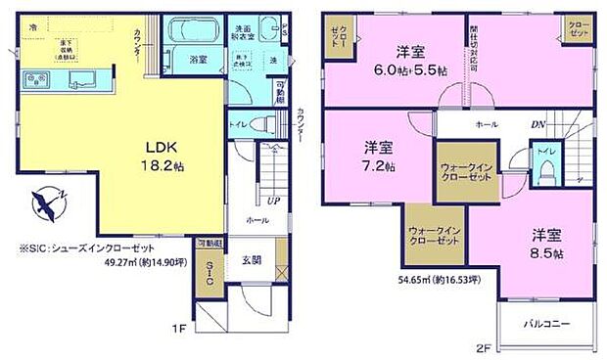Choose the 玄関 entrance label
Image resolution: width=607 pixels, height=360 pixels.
click(250, 259)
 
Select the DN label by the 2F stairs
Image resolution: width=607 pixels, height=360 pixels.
click(537, 125)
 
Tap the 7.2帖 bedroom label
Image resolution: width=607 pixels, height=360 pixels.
click(379, 157)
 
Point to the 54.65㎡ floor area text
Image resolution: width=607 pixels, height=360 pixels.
click(438, 279)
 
